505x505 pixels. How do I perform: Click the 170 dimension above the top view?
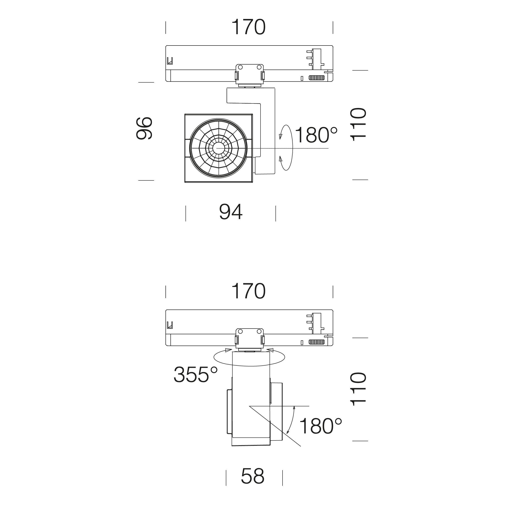[x=249, y=27]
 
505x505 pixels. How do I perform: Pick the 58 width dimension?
[x=253, y=476]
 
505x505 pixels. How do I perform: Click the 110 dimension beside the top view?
[x=358, y=125]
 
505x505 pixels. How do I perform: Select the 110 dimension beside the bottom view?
[x=358, y=389]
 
